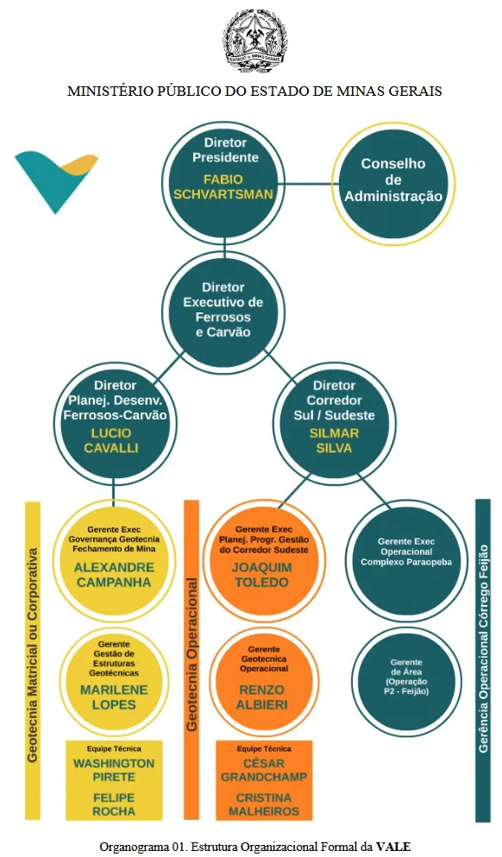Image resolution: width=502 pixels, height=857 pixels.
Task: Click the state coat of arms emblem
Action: coord(254,41)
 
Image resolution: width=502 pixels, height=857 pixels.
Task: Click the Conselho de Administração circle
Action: coord(393,184)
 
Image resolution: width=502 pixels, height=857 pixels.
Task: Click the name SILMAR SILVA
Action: coord(334,440)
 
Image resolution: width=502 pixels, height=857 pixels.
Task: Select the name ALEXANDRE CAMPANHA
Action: coord(114,575)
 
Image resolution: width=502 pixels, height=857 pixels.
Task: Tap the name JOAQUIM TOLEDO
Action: coord(261,575)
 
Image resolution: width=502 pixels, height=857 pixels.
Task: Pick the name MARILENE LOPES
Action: coord(114,697)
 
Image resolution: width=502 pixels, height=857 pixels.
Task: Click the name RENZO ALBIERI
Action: coord(261,697)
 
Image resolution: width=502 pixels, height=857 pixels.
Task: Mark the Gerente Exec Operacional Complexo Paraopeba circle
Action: coord(406,560)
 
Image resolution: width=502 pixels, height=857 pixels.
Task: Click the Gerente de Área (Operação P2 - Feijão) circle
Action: coord(406,681)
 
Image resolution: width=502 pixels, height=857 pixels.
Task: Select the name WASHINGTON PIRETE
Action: coord(114,770)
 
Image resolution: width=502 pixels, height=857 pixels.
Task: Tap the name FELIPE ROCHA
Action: coord(114,804)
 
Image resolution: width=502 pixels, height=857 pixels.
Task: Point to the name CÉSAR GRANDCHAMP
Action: coord(264,770)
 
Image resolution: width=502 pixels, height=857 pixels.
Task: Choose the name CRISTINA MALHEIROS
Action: coord(264,804)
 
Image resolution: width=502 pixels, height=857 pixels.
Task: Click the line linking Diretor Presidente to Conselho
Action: coord(309,184)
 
